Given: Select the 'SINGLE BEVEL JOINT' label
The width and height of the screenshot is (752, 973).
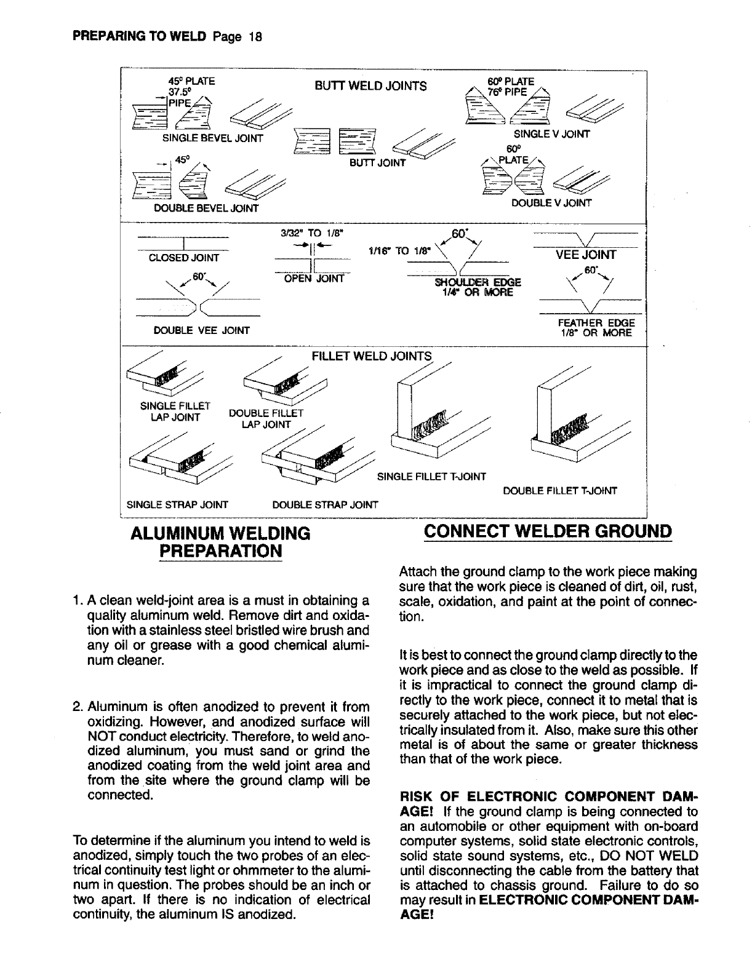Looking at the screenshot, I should tap(212, 138).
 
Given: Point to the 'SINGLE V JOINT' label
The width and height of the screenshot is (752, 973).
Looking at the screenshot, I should tap(551, 134).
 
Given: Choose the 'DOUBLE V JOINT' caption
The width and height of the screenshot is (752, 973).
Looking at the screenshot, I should tap(551, 203).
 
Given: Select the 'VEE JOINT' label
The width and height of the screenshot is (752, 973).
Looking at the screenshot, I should tap(586, 255).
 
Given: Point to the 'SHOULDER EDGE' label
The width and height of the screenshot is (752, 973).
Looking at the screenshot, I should tap(478, 282).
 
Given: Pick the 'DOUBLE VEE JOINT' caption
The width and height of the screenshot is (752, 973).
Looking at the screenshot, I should tap(201, 331).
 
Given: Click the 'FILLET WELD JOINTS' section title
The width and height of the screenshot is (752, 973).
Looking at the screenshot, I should tap(372, 356).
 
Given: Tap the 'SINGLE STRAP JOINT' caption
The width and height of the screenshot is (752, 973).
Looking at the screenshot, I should tap(177, 505).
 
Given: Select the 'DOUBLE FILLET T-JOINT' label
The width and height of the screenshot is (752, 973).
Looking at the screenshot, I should tap(559, 491).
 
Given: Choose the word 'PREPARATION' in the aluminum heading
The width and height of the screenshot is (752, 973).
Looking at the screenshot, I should tap(221, 550).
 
